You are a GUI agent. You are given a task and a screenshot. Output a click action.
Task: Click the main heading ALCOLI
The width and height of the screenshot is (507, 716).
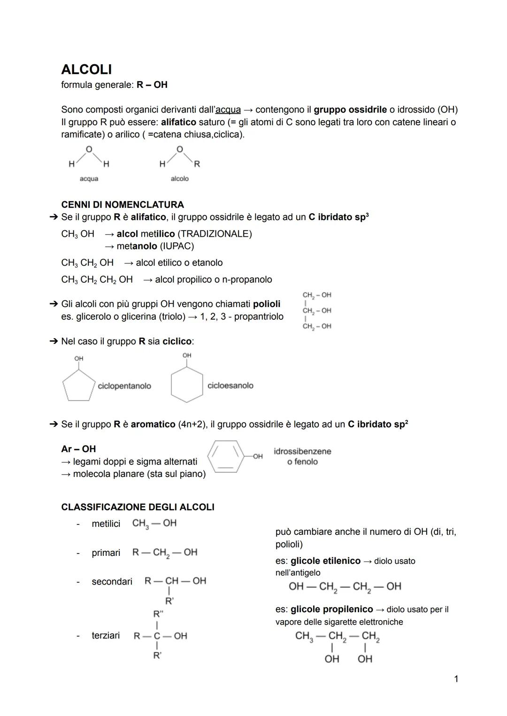click(86, 69)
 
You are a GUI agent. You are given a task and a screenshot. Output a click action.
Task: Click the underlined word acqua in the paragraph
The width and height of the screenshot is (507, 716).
click(228, 110)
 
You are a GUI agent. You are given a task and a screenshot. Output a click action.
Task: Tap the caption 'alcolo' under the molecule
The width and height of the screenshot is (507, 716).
click(179, 179)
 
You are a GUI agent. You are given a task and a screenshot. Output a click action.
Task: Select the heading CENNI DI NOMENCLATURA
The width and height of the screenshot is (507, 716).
click(123, 205)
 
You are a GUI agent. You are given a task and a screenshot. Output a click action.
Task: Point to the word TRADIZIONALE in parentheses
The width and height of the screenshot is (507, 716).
click(214, 234)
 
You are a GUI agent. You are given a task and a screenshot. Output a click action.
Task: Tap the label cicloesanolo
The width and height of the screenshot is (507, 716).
click(230, 385)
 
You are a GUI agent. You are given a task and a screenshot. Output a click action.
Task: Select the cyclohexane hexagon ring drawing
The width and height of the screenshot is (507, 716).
click(187, 385)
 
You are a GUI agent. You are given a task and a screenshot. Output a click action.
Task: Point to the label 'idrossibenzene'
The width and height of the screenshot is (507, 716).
click(302, 451)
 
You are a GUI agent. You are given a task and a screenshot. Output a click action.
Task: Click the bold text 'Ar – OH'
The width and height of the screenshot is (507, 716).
click(78, 449)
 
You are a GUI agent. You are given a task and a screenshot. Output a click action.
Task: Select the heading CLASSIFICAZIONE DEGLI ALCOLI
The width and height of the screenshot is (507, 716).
click(138, 507)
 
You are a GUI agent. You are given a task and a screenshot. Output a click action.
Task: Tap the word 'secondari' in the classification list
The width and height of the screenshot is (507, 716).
click(112, 582)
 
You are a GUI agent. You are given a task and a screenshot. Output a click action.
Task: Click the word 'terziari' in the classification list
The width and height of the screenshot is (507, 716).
click(106, 636)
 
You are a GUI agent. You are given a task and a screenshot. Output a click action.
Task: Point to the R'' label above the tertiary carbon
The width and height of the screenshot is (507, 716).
click(158, 614)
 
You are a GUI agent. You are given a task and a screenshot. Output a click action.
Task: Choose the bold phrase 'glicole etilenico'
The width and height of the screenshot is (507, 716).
click(325, 561)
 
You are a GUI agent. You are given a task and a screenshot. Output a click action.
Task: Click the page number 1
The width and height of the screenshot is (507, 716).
click(456, 679)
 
